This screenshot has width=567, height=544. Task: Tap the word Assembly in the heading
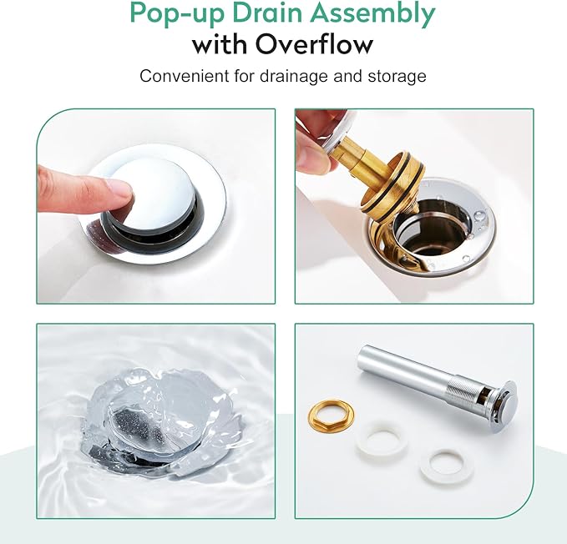(x=372, y=14)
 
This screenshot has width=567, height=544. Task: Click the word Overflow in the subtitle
(x=314, y=45)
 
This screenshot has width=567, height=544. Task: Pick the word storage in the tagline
(x=397, y=77)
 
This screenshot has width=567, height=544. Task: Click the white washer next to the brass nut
(x=381, y=439)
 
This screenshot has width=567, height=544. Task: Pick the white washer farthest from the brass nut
(x=447, y=466)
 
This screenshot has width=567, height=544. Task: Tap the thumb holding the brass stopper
(x=313, y=152)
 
